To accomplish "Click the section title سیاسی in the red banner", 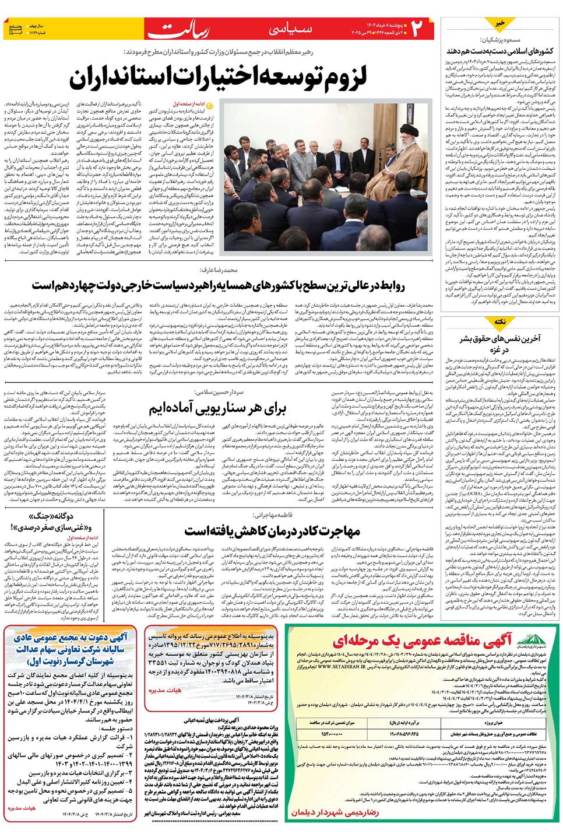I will [290, 29].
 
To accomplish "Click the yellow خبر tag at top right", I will [500, 23].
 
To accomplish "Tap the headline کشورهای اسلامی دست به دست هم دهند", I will [500, 51].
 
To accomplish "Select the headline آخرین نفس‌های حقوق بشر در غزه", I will [499, 344].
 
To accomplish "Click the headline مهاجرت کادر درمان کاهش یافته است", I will [272, 530].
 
